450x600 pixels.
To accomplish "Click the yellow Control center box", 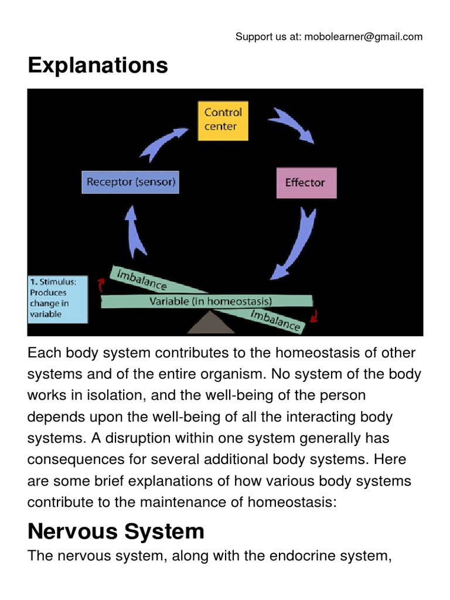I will point(222,120).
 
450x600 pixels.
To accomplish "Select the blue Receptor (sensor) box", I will point(130,182).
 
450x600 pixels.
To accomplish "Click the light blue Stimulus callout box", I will point(57,299).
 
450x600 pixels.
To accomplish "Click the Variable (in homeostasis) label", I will point(210,301).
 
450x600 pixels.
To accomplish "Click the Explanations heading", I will point(98,65).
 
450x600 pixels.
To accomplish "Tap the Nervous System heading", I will point(116,531).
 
